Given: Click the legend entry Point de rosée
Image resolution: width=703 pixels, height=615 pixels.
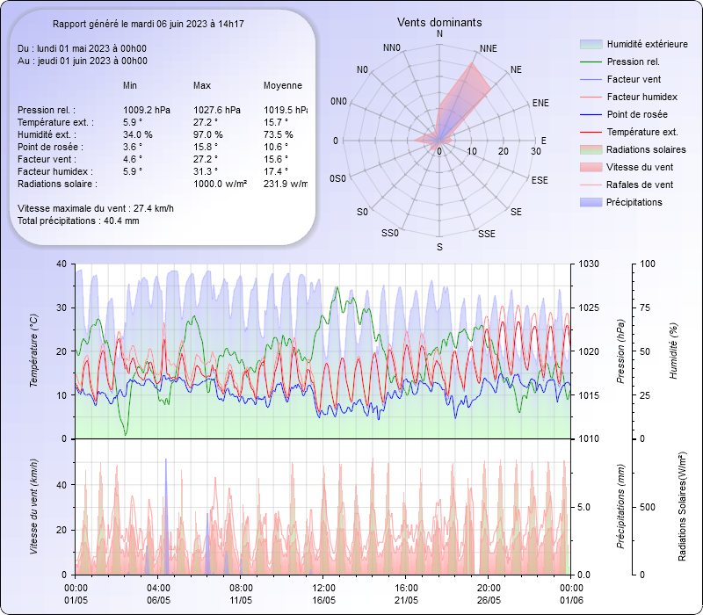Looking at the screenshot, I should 636,114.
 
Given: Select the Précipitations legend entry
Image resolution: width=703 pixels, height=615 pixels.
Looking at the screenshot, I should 634,202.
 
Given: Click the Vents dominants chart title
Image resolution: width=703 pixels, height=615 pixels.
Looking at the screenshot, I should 439,22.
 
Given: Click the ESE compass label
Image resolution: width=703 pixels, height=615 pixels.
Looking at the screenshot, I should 540,179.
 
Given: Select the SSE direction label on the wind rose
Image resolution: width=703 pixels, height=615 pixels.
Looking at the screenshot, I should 486,234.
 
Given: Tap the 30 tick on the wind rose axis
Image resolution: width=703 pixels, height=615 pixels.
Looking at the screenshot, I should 535,152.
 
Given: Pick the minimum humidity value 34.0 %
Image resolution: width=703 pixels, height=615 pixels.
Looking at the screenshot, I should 138,134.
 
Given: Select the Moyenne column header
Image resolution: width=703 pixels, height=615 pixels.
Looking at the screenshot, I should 283,85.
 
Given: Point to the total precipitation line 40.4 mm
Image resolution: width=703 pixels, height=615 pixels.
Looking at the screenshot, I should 78,221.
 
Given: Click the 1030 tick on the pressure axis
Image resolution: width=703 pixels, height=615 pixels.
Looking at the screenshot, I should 589,264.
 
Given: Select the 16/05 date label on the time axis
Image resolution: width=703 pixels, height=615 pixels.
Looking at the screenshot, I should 323,600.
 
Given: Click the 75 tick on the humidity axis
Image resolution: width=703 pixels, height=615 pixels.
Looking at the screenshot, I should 648,307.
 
